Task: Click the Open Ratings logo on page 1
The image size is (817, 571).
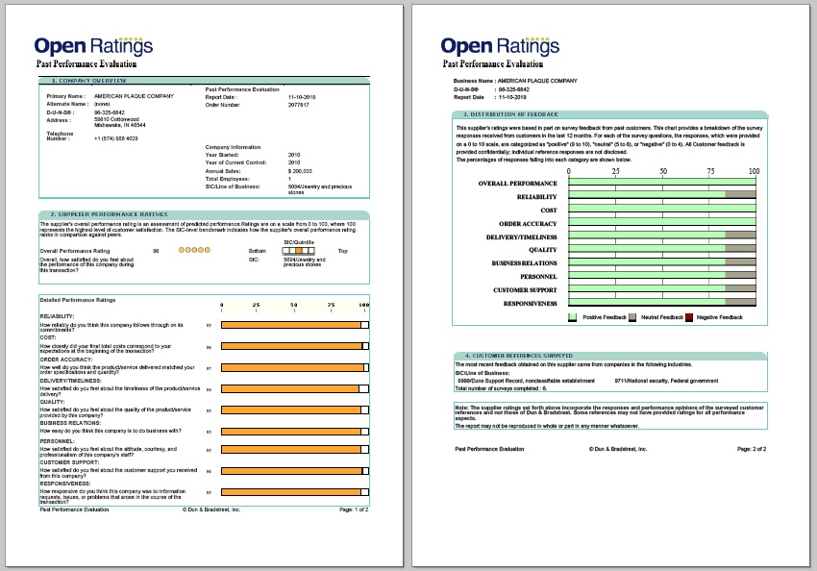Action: (x=93, y=45)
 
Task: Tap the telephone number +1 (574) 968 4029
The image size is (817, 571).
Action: (x=115, y=138)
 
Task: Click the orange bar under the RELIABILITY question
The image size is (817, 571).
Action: (x=292, y=325)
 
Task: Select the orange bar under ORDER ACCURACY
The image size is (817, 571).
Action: (x=292, y=367)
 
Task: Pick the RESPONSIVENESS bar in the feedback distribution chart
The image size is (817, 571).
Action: (x=662, y=303)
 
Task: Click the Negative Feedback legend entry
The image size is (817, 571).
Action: (x=718, y=317)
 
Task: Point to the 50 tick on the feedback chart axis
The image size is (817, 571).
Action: (x=662, y=172)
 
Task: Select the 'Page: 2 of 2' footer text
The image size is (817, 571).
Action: (x=752, y=449)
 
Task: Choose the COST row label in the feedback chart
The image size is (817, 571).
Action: (x=548, y=210)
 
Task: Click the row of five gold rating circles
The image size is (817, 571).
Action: (x=193, y=250)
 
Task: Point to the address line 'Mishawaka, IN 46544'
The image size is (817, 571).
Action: (x=119, y=125)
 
